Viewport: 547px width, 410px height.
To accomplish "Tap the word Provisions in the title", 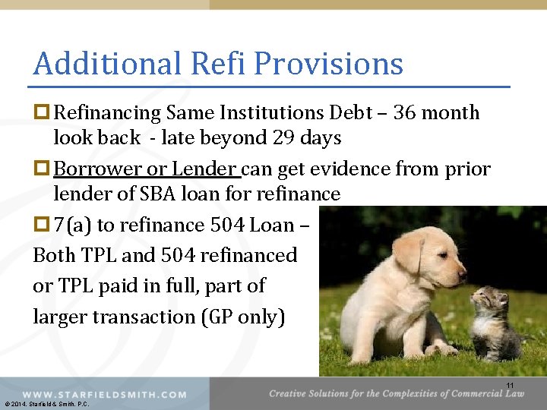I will [329, 64].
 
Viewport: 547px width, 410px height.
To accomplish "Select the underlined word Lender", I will [204, 169].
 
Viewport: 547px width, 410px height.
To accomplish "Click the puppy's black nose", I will [462, 270].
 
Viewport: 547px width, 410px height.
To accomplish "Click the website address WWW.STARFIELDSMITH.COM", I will [104, 394].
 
